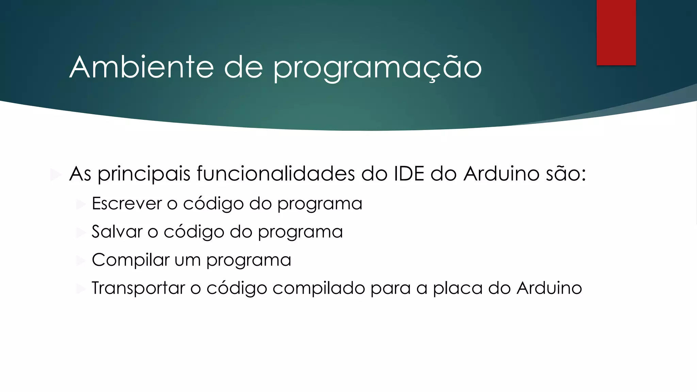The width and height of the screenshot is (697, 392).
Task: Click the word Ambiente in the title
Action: pos(142,67)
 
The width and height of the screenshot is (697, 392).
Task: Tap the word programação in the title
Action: pos(377,68)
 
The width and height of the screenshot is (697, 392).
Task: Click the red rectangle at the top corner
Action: pos(616,32)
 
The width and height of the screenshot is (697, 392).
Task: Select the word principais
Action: pos(144,174)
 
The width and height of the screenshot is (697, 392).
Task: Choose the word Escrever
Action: pos(127,203)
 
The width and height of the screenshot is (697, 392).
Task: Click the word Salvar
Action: pos(117,232)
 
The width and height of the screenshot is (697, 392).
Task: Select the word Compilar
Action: pos(130,260)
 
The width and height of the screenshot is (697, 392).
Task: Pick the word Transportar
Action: pos(138,288)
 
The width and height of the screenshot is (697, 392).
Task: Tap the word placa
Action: pos(457,288)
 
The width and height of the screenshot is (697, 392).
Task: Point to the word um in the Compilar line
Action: pos(188,260)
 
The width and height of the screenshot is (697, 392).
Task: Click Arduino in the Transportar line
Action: pos(549,288)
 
